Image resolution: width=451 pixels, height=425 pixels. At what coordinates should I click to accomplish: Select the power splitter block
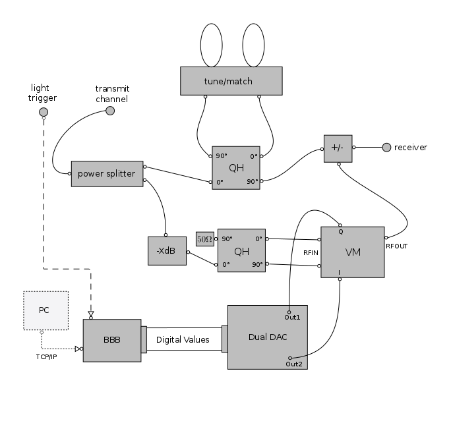coord(107,174)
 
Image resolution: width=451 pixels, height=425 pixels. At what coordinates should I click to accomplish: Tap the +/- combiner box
coord(338,149)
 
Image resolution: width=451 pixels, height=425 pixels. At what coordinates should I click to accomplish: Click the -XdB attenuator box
coord(167,250)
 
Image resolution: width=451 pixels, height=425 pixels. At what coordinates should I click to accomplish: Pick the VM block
coord(352,252)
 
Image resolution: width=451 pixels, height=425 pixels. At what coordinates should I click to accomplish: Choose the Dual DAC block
coord(267,337)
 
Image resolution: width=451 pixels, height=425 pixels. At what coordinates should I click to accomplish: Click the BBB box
coord(111,340)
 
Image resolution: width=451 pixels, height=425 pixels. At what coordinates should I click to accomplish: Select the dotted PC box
coord(45,310)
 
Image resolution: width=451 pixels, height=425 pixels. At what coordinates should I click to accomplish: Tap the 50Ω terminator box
coord(204,239)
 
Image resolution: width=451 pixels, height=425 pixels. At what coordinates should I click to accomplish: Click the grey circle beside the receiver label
coord(386,147)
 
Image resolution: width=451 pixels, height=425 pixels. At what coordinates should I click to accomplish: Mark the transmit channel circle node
coord(110,111)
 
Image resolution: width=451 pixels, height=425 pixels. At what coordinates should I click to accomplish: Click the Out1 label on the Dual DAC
coord(292,318)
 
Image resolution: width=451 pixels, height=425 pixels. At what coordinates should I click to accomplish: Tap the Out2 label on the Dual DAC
coord(294,364)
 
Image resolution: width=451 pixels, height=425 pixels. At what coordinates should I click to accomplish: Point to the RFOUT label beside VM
coord(396,246)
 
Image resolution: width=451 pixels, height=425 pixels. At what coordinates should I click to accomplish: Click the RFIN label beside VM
coord(311,252)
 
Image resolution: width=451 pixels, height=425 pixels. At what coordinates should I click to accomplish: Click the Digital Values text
coord(183,340)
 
